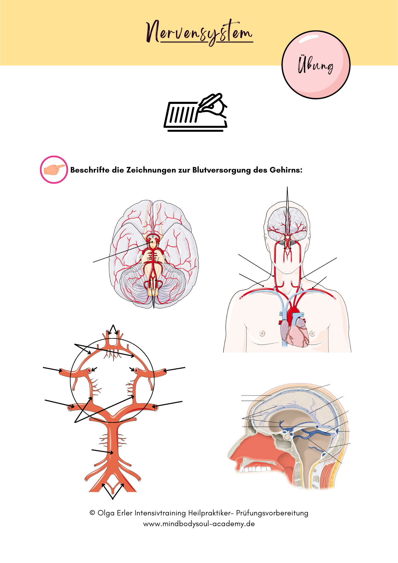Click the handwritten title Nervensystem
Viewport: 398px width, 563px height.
(x=199, y=33)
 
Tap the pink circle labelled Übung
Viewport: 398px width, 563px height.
(x=316, y=65)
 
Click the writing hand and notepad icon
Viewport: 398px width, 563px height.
(x=196, y=112)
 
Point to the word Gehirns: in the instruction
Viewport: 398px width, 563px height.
(x=286, y=170)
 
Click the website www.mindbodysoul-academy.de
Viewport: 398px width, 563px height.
(x=199, y=524)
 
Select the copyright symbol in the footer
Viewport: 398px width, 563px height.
(x=92, y=513)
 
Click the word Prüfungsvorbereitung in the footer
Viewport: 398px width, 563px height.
(x=272, y=513)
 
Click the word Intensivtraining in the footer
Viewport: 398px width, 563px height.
(x=160, y=513)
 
